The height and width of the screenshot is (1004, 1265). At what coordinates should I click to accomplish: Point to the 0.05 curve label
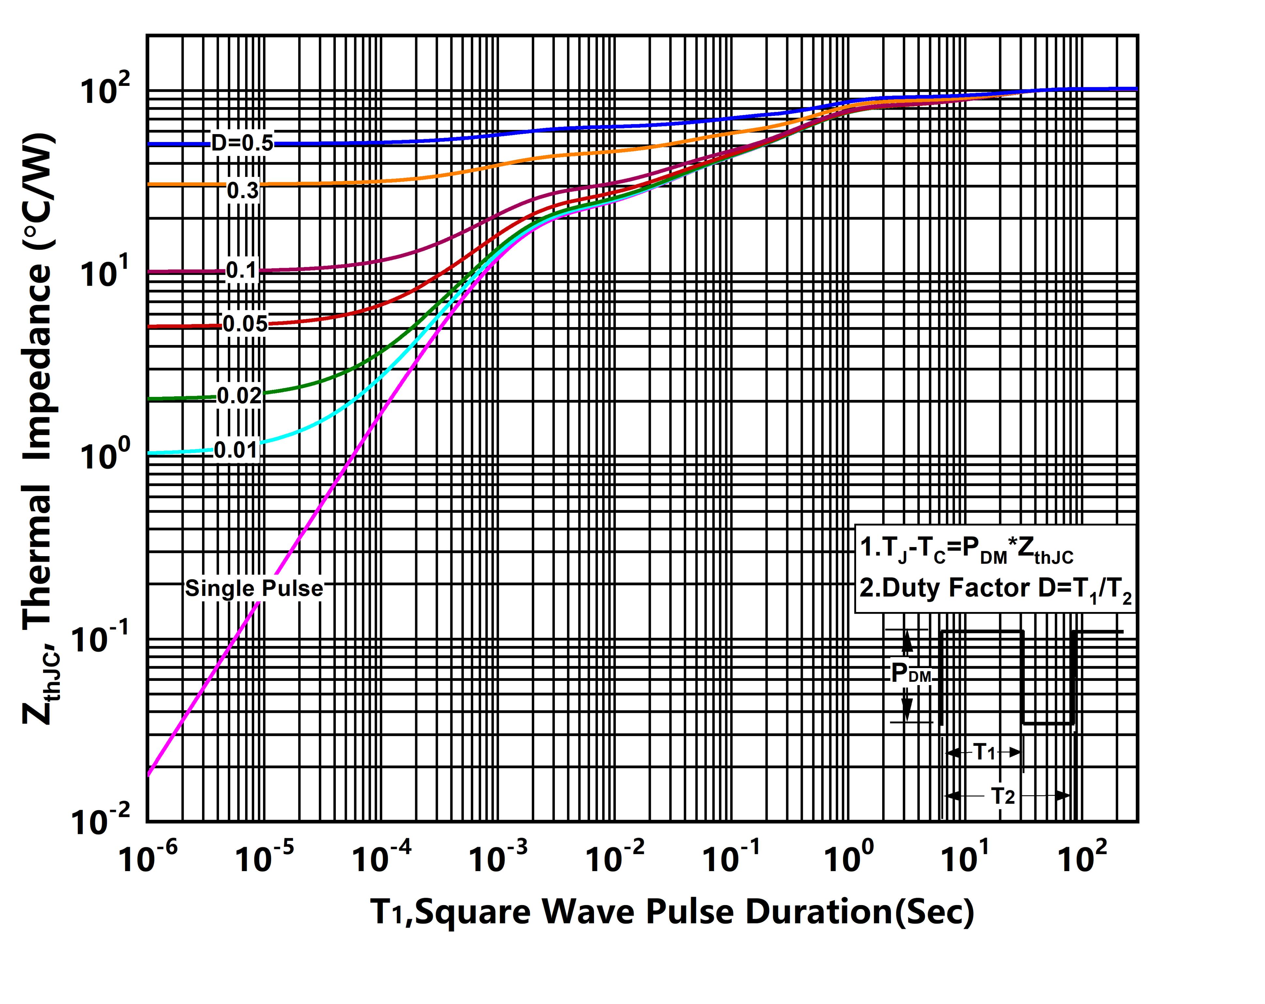click(245, 324)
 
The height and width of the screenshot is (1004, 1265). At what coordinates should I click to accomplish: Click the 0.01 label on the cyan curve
click(236, 450)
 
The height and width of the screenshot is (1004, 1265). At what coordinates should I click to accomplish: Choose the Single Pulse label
click(254, 588)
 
